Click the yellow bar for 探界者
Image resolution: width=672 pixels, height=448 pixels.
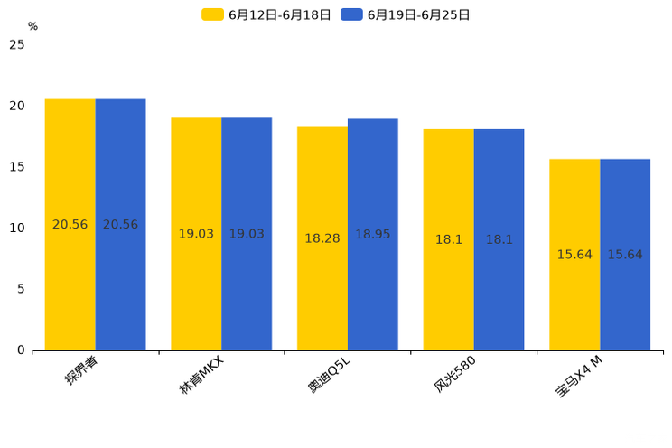click(70, 224)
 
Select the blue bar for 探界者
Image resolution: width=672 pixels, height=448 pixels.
click(120, 224)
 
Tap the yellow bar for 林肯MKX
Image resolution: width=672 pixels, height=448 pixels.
click(196, 233)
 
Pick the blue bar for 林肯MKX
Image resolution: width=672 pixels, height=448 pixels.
click(247, 233)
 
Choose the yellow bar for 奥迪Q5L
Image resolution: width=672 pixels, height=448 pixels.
click(322, 238)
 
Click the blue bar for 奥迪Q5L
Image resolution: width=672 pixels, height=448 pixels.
click(373, 234)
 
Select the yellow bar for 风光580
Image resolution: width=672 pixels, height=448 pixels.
click(449, 239)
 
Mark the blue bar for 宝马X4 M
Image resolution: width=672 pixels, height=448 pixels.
click(625, 255)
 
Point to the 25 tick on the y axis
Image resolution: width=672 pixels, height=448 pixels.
click(17, 44)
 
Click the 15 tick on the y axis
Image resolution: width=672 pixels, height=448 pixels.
click(17, 167)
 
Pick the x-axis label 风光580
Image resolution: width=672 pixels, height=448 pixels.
click(454, 373)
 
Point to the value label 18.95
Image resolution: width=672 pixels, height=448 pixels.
click(373, 234)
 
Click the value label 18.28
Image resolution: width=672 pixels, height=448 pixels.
click(322, 238)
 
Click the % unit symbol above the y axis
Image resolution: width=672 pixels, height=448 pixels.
click(33, 26)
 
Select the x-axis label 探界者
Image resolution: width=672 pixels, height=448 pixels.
click(81, 370)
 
